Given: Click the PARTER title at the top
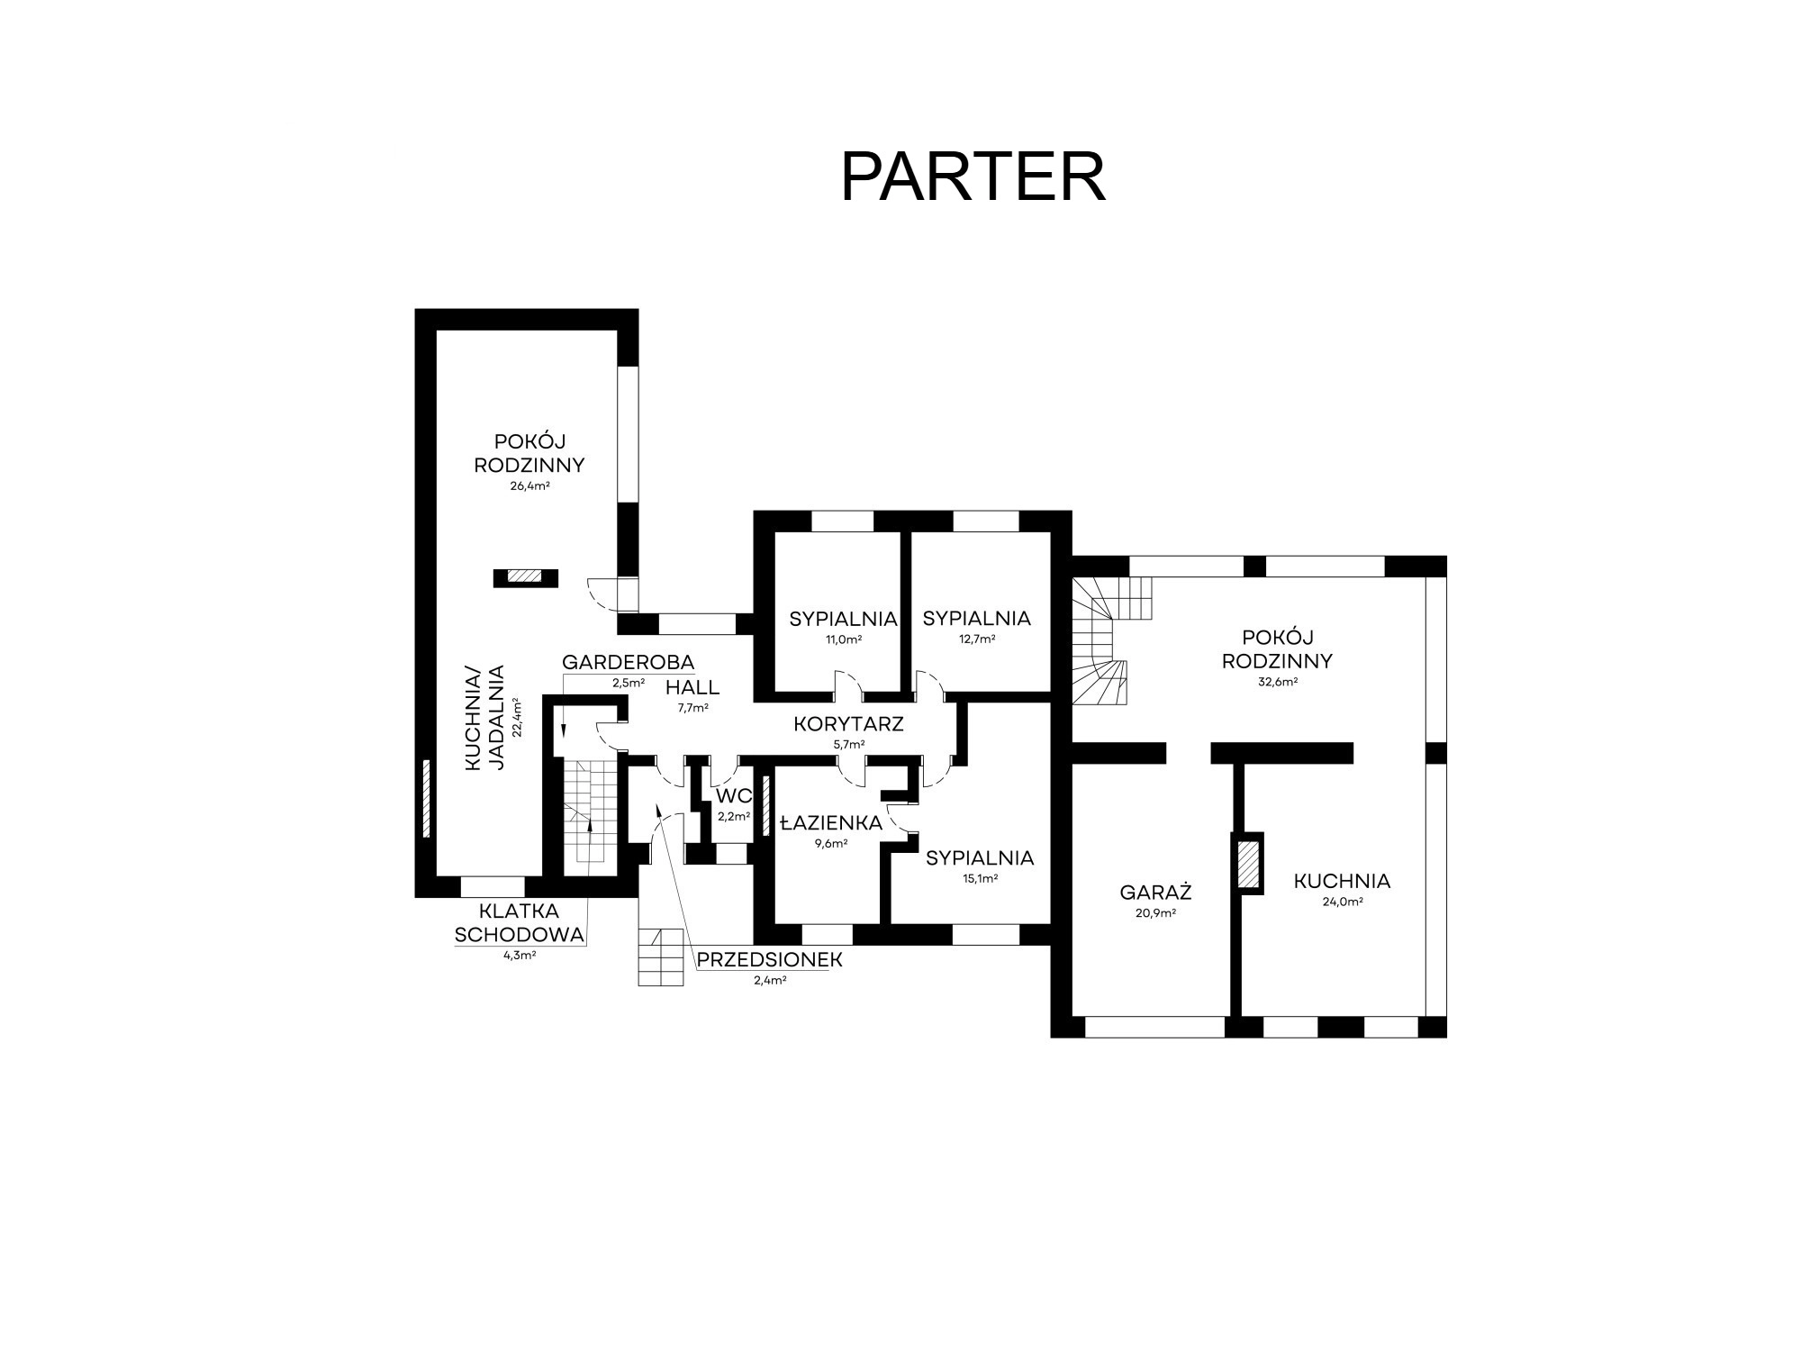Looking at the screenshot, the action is point(973,177).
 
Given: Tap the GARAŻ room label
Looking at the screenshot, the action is point(1155,893).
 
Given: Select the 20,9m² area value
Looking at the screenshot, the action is point(1155,912).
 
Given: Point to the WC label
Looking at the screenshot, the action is point(733,796).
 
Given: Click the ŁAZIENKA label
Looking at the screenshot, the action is point(831,822).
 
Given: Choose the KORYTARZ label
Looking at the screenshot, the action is point(848,724).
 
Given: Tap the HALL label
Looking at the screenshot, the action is point(692,688).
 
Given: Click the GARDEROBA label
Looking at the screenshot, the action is point(628,663).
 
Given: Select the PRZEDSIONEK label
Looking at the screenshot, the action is point(769,960).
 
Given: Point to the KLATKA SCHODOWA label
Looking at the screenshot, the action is point(520,923).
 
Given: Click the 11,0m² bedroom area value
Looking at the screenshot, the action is point(844,639).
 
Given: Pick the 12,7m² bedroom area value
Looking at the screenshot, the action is point(977,639).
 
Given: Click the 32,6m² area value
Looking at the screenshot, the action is point(1277,682).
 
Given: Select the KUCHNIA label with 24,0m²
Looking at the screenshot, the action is point(1342,881).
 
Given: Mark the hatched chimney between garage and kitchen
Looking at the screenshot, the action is point(1247,863).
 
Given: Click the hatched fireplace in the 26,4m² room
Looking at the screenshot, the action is point(525,577).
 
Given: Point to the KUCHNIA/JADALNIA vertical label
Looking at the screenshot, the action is point(484,718).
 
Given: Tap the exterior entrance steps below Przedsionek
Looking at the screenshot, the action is point(661,957).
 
